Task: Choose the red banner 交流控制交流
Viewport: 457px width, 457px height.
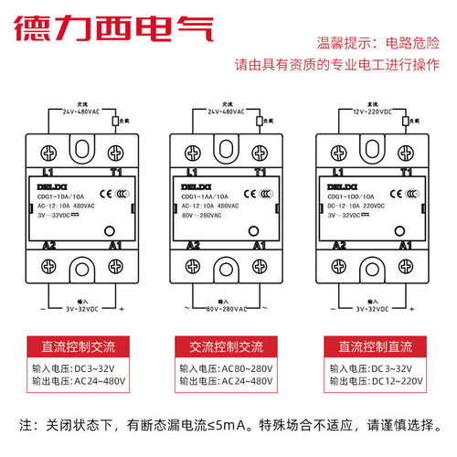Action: [228, 348]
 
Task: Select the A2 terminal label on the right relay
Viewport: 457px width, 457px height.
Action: [339, 245]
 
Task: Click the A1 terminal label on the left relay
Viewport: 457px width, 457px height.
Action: [113, 245]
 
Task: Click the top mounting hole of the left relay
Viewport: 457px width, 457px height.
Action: [80, 144]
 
